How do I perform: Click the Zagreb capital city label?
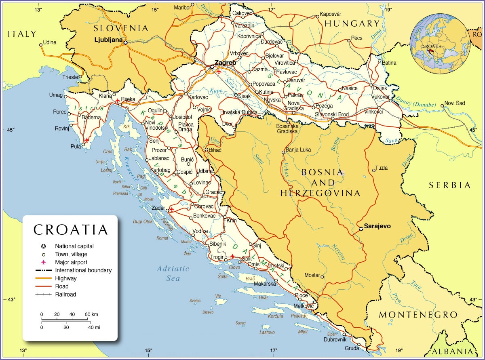[x=226, y=63]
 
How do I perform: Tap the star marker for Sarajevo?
[x=361, y=229]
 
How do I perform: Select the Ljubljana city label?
[x=109, y=40]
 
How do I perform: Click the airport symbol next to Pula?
[x=86, y=140]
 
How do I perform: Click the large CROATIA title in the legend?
[x=71, y=229]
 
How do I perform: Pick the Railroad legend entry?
[x=65, y=295]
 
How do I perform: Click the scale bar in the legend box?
[x=65, y=320]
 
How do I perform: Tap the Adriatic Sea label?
[x=173, y=273]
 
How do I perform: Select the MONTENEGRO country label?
[x=418, y=314]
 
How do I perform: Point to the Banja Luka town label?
[x=298, y=150]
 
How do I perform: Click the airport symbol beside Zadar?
[x=171, y=209]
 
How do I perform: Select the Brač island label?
[x=250, y=278]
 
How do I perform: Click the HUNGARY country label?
[x=352, y=23]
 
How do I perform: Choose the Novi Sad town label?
[x=455, y=103]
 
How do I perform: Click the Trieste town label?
[x=70, y=77]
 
